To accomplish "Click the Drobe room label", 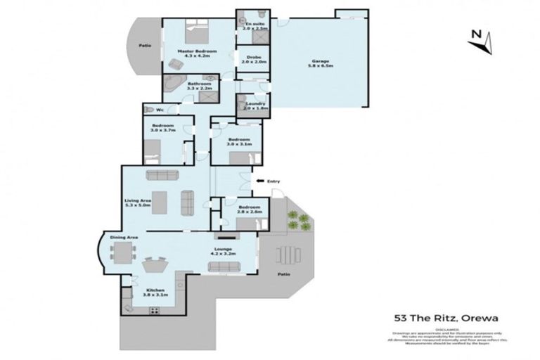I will point(250,60).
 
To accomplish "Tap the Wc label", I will point(160,110).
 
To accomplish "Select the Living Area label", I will point(138,203).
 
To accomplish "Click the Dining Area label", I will point(124,238).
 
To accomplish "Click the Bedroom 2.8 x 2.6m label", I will point(249,210).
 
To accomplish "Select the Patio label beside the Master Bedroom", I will point(145,46).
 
